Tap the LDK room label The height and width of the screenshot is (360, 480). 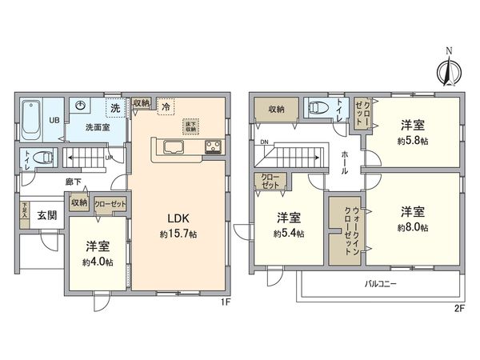[177, 217]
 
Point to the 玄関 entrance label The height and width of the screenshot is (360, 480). [46, 214]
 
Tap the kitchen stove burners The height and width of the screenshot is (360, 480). [214, 146]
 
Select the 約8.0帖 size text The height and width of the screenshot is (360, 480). [413, 228]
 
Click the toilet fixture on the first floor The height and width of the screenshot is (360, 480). [44, 158]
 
